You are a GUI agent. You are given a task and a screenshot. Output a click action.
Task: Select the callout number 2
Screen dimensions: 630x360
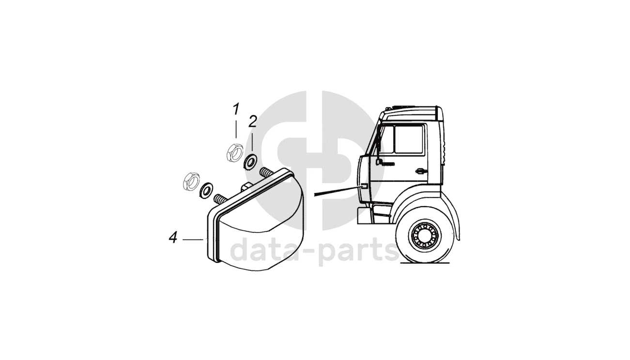(x=252, y=121)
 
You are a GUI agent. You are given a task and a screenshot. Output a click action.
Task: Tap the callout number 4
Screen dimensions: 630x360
(x=173, y=238)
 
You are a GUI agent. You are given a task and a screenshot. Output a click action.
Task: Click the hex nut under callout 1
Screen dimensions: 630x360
(x=234, y=152)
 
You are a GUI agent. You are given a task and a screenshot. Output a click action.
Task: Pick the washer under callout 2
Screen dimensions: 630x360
(x=250, y=162)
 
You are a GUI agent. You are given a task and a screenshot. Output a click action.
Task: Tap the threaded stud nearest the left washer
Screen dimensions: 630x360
(x=220, y=198)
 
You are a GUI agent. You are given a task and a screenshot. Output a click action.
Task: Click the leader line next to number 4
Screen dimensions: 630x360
(x=194, y=239)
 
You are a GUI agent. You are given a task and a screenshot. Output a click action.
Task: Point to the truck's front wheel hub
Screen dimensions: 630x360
(x=424, y=235)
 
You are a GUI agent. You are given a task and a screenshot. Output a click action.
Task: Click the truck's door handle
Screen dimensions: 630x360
(x=420, y=170)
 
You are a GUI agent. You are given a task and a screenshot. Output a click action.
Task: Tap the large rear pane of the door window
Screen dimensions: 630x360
(x=410, y=139)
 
